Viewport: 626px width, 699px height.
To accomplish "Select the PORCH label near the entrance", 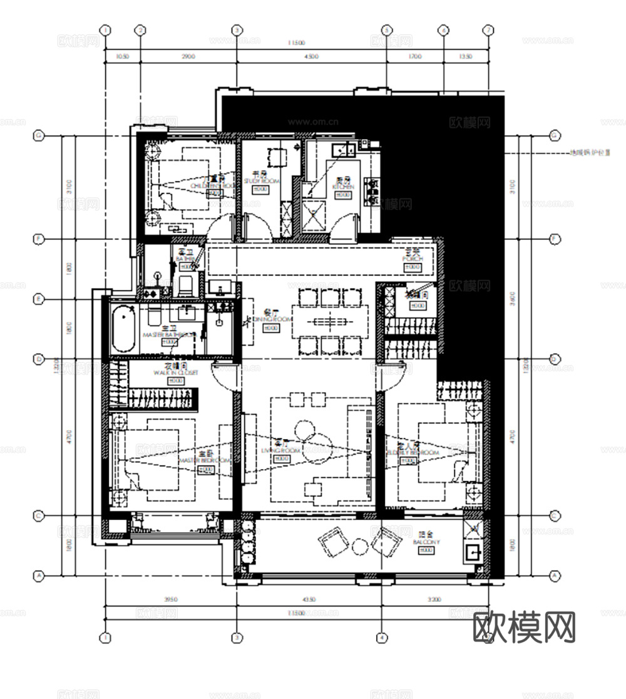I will click(413, 259).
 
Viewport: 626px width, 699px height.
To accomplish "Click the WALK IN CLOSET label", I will click(175, 372).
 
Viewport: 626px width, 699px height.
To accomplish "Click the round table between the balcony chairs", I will click(361, 547).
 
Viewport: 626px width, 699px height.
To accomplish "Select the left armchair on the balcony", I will click(333, 541).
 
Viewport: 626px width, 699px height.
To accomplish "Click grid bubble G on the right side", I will click(554, 135).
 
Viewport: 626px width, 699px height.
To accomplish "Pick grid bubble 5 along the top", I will click(386, 30).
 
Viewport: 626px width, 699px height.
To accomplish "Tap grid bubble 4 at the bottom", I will click(381, 638).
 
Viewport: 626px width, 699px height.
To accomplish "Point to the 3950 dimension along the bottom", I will click(170, 599).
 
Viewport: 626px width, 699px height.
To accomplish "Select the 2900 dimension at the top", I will click(188, 56).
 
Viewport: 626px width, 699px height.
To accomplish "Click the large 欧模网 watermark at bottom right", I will click(524, 627).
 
